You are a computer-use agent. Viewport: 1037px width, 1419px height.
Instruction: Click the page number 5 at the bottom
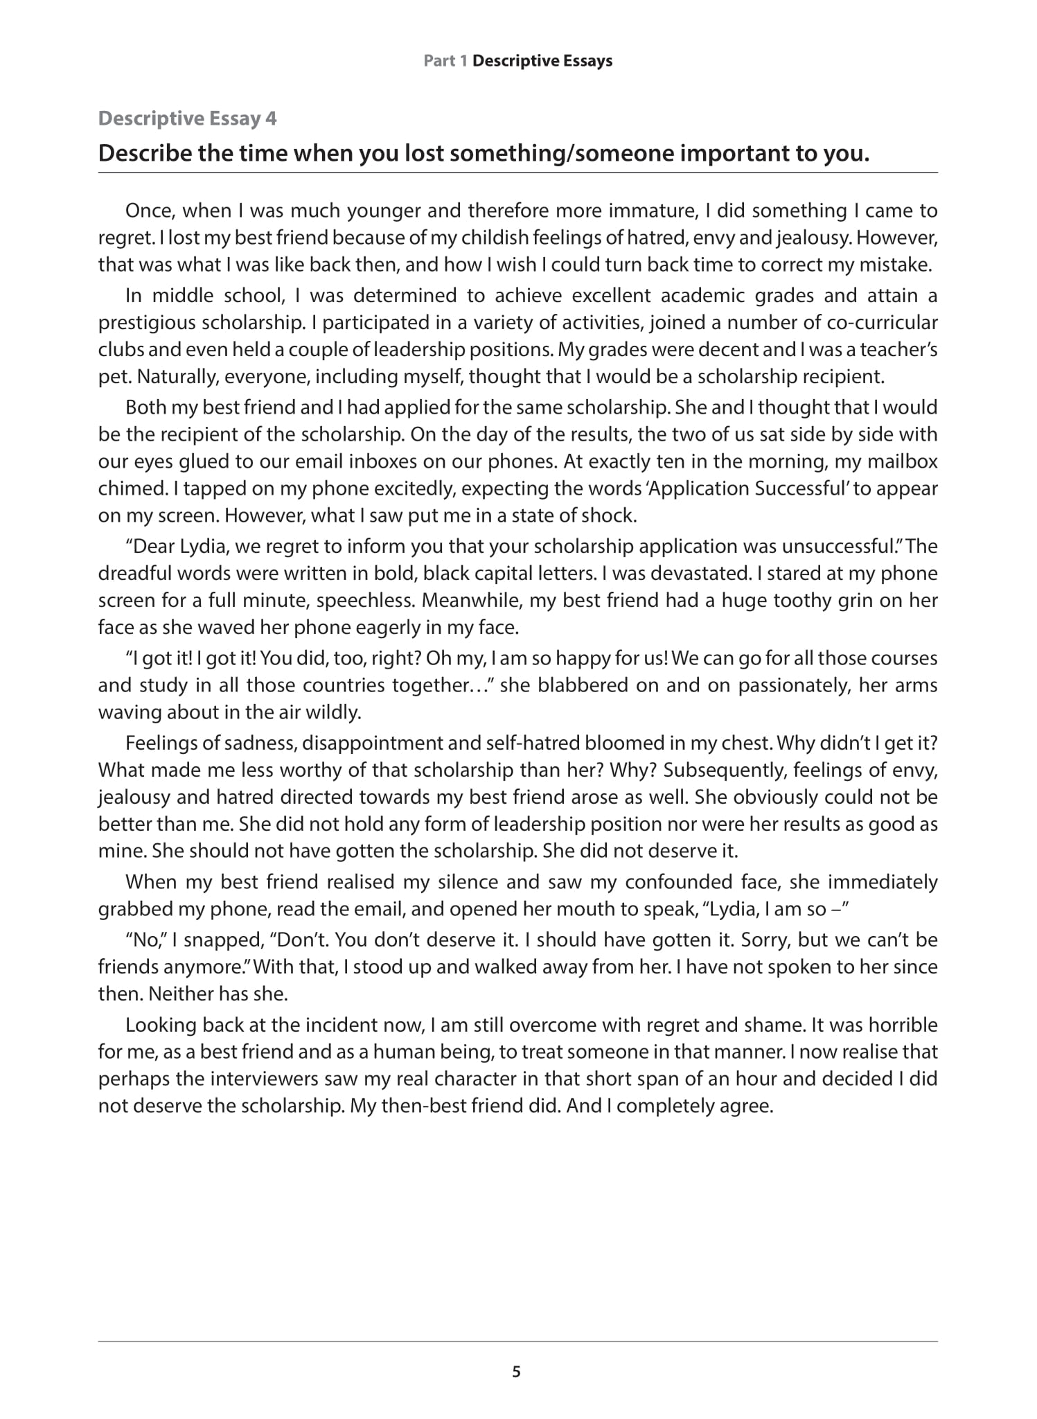click(516, 1372)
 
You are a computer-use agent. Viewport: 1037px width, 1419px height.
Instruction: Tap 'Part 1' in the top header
click(445, 61)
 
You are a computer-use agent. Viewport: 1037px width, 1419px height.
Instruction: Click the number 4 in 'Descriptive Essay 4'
click(271, 118)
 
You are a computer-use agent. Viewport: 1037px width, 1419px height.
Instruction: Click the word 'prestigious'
click(145, 323)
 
